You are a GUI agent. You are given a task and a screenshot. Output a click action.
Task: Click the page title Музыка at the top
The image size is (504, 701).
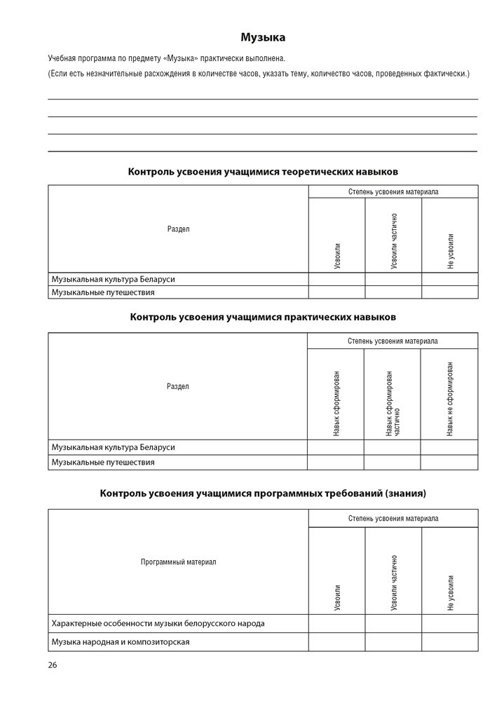[263, 38]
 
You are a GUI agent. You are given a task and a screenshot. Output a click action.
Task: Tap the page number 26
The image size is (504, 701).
[53, 664]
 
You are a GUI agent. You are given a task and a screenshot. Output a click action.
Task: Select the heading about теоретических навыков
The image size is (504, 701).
[263, 171]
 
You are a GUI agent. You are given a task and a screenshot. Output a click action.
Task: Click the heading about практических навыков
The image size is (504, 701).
[263, 317]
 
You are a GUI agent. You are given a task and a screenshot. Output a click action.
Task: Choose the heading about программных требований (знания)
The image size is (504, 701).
[263, 494]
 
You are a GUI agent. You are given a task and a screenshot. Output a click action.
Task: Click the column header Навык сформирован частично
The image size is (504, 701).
[393, 403]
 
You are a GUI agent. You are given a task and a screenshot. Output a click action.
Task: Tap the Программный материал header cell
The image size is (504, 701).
[178, 562]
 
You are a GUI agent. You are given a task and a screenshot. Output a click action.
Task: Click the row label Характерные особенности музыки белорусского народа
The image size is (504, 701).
[158, 622]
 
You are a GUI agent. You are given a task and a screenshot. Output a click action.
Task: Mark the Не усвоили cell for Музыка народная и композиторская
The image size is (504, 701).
[450, 641]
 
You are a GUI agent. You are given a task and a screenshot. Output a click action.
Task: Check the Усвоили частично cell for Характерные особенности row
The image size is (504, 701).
[393, 622]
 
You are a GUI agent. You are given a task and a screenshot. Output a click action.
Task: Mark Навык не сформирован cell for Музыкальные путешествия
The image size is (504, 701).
[449, 463]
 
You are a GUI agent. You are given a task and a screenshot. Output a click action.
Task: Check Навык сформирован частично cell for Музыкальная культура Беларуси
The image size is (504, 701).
[392, 447]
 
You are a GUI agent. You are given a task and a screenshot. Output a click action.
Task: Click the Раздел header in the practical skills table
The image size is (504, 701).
[178, 386]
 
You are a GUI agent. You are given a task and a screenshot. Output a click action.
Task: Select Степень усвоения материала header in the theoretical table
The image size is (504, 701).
[393, 191]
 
